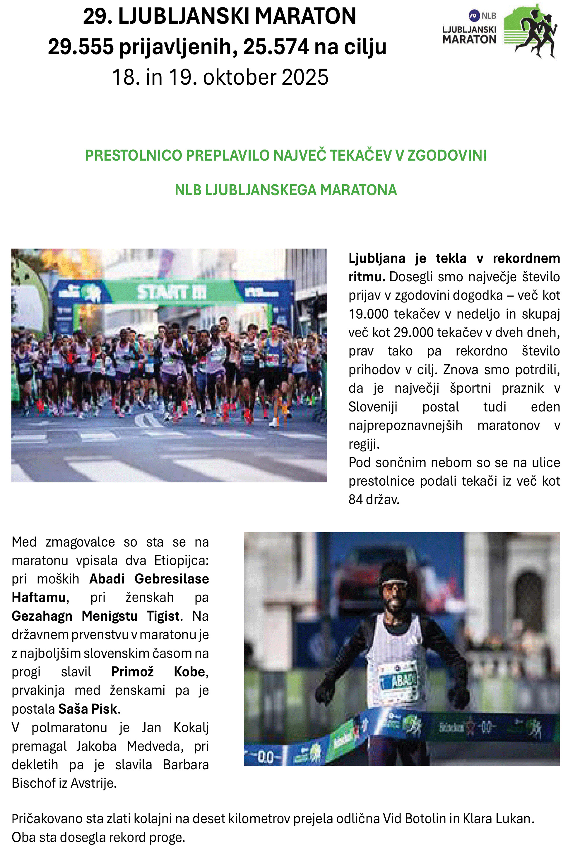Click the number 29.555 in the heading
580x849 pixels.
tap(80, 47)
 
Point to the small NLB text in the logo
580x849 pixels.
tap(489, 16)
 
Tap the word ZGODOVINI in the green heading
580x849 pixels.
tap(447, 156)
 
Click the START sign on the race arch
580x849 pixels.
tap(172, 292)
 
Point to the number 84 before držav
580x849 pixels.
tap(355, 500)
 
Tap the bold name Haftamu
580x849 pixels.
tap(39, 598)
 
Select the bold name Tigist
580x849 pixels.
tap(163, 616)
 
